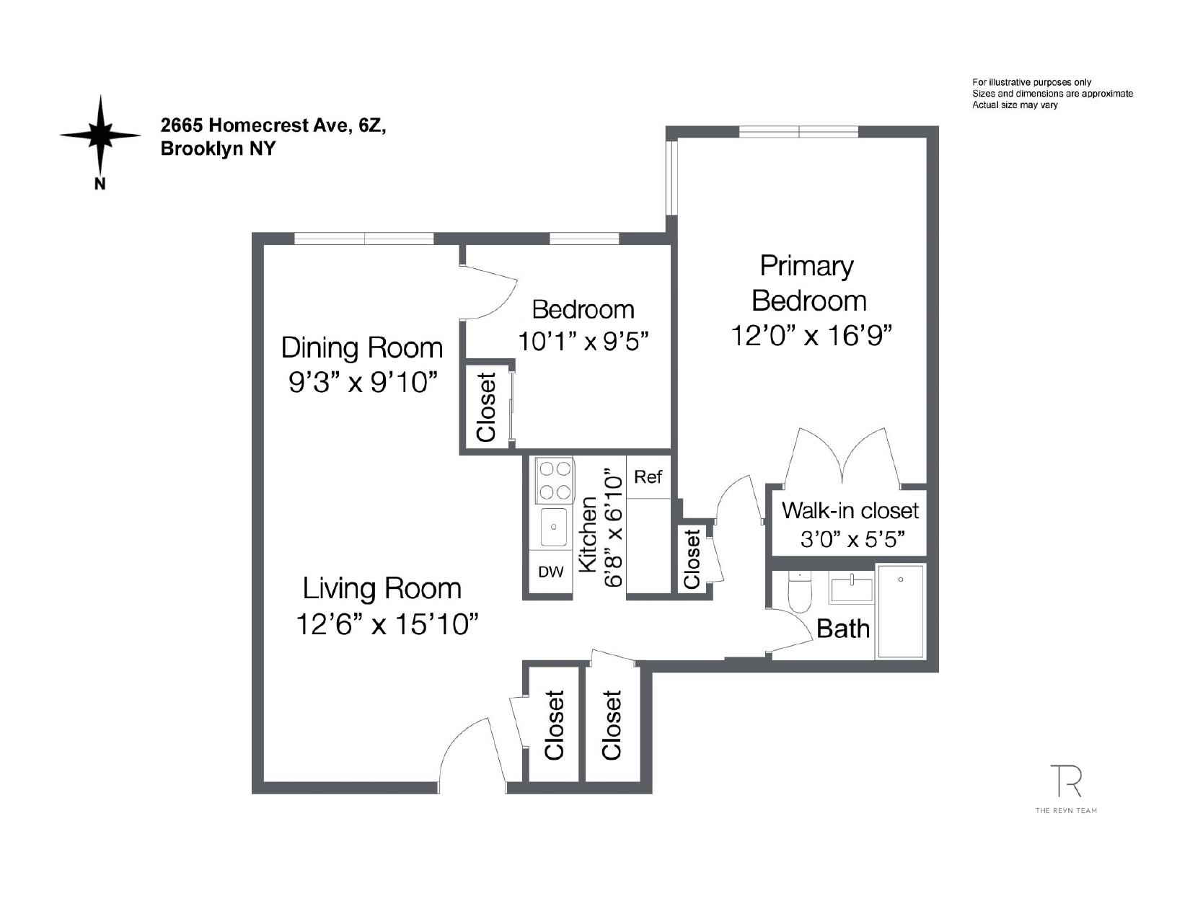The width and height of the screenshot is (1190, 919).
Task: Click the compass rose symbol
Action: point(100,135)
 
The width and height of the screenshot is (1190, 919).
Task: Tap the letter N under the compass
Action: point(100,184)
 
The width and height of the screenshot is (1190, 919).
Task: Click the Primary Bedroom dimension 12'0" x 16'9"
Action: point(811,336)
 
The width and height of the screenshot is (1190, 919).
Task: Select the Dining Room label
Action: point(361,347)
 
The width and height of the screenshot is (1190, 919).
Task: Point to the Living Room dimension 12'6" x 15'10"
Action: point(387,624)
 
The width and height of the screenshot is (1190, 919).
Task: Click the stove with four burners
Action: point(553,481)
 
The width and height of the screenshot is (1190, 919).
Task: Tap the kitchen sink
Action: point(553,526)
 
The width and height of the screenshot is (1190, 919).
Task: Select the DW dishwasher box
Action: point(551,572)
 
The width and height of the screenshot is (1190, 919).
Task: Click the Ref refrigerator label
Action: point(648,477)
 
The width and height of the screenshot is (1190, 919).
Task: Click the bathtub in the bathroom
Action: point(900,611)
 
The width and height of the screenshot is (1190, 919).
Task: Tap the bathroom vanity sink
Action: point(851,587)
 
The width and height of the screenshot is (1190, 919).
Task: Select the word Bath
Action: point(842,629)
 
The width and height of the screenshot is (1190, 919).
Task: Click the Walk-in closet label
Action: point(850,511)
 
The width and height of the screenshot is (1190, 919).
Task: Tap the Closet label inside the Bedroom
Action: point(487,407)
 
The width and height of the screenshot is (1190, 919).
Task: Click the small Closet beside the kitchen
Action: point(692,559)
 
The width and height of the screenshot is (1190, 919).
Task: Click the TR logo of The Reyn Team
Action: point(1065,781)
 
